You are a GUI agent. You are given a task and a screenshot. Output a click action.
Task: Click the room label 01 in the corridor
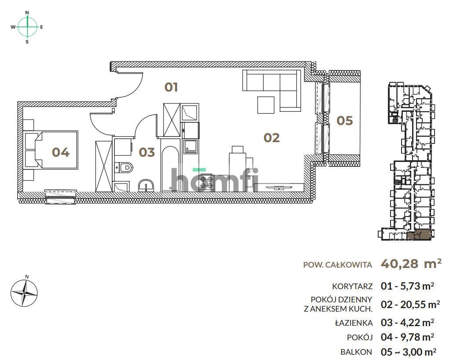(171, 87)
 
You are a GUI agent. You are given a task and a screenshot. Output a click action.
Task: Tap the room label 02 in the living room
(271, 138)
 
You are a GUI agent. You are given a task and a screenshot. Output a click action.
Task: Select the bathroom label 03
(147, 152)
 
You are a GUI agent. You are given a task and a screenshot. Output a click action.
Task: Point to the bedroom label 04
(61, 152)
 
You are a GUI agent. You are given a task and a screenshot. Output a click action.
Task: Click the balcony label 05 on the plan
(344, 120)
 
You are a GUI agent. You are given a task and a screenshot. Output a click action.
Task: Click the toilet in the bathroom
(125, 167)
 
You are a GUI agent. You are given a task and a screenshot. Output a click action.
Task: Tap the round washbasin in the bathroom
(146, 186)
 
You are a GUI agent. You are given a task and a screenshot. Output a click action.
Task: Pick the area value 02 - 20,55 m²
(410, 304)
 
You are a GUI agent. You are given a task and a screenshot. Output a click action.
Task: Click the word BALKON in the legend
(357, 352)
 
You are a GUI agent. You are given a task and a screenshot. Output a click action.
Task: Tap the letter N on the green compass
(27, 13)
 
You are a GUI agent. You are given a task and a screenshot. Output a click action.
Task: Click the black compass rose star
(24, 293)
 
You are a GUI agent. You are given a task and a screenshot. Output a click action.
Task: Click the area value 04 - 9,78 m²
(408, 337)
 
